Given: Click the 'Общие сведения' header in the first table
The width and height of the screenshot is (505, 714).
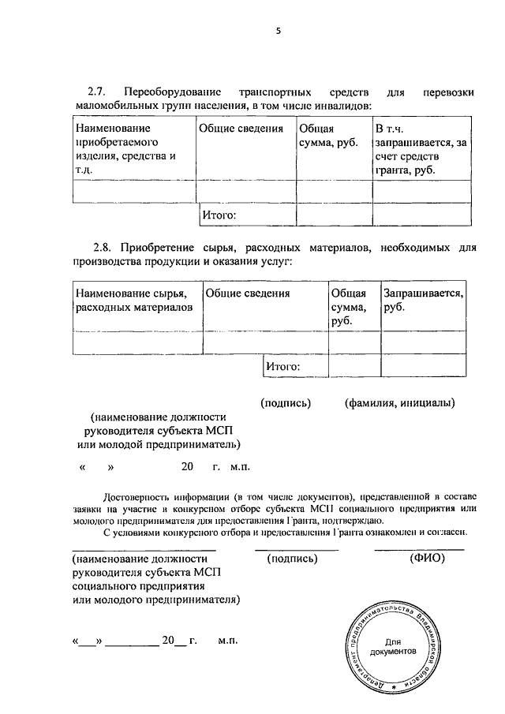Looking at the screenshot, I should (x=241, y=129).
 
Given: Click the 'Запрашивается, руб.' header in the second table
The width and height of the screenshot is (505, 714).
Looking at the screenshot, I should (x=422, y=300).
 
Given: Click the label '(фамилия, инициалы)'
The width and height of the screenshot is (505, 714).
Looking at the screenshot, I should (x=399, y=403).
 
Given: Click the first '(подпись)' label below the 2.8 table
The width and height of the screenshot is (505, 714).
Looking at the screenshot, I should (x=286, y=403).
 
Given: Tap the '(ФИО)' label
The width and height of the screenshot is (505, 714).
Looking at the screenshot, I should (x=428, y=559).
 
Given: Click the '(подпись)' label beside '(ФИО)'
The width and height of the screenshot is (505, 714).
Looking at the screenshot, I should (x=293, y=559).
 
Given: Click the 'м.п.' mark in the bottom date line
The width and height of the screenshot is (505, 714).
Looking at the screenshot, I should (x=228, y=641).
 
